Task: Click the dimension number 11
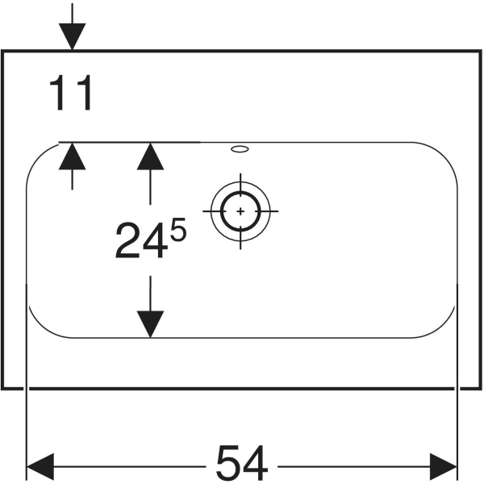(71, 94)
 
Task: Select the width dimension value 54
(241, 464)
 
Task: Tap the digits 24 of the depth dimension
(141, 241)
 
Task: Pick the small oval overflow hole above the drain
(240, 148)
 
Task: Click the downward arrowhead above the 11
(73, 36)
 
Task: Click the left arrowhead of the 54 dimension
(40, 465)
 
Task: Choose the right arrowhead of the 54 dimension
(444, 465)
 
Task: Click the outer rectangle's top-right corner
(480, 51)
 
